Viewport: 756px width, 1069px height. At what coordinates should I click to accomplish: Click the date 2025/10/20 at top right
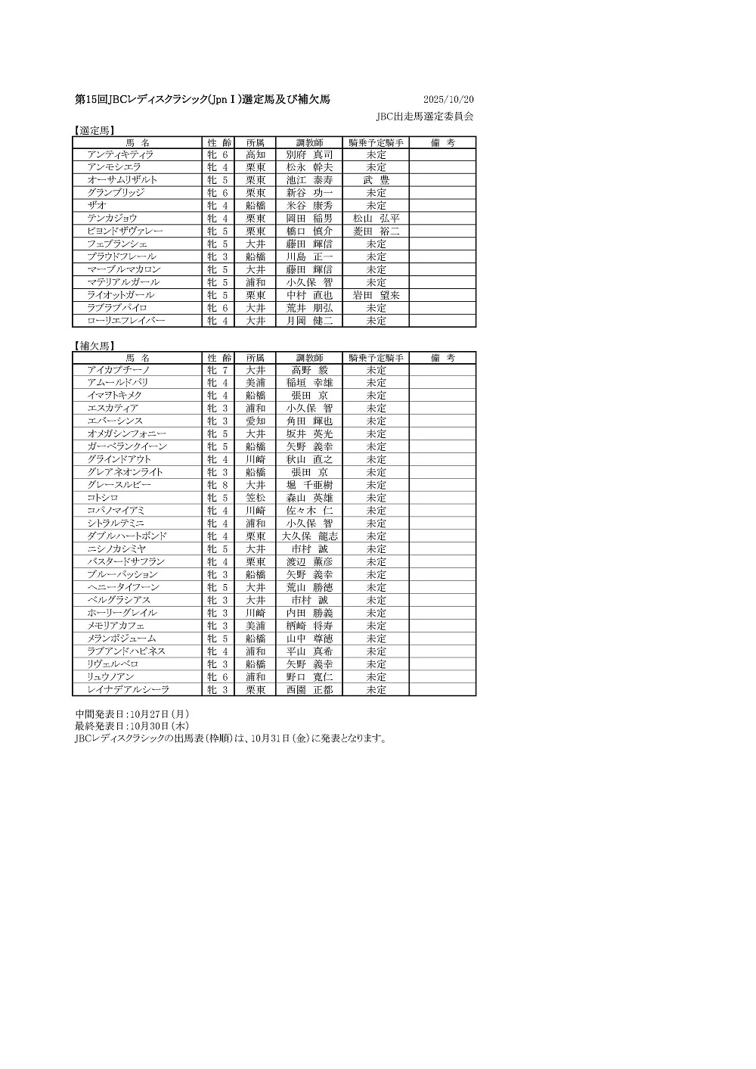coord(448,100)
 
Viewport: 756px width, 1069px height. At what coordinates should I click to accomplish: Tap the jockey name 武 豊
coord(376,180)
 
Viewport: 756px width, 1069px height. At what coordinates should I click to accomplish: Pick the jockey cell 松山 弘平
coord(376,219)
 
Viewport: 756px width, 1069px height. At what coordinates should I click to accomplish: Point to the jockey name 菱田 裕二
coord(376,231)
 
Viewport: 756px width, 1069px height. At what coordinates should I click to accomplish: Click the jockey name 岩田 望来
coord(376,295)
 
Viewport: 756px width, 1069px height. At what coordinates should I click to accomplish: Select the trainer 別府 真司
coord(309,154)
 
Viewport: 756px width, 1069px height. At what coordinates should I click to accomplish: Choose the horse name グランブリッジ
coord(116,193)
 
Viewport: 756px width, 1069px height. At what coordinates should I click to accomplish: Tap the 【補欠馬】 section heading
coord(94,346)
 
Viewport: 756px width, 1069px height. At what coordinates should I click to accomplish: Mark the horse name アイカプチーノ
coord(119,370)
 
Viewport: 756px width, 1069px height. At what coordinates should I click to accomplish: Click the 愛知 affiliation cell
coord(256,421)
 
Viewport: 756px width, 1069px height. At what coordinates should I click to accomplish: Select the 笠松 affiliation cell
coord(256,498)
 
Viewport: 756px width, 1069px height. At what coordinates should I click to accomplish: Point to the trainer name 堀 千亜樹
coord(309,485)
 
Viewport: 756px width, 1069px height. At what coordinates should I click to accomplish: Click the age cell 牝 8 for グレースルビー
coord(218,485)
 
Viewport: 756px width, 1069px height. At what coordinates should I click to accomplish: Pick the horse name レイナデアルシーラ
coord(128,690)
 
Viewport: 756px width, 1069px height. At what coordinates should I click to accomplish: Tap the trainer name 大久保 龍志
coord(309,536)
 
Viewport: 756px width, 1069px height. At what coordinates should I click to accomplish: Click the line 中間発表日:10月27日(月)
coord(132,713)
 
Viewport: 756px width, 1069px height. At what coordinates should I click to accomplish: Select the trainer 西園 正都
coord(309,690)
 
